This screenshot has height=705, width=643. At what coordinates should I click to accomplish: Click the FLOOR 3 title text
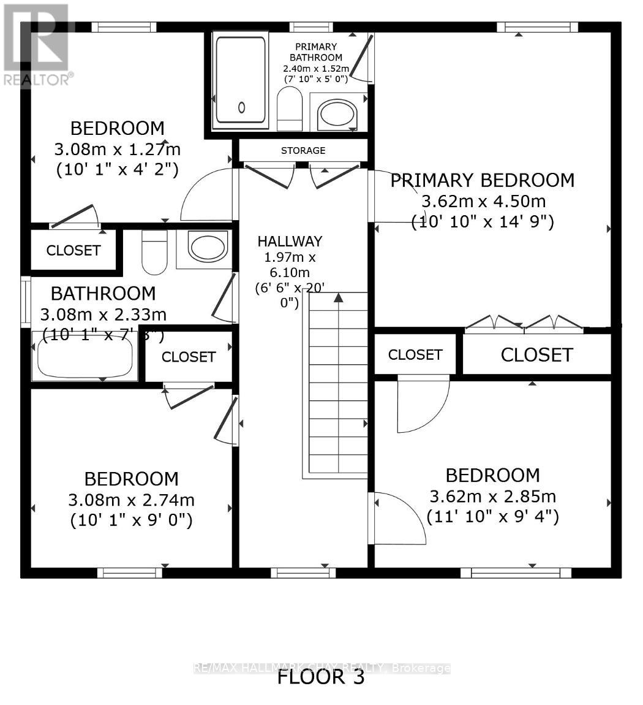[321, 677]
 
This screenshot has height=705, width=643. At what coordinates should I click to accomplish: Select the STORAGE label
[303, 150]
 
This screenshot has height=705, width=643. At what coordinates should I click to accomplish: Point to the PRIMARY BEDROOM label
[483, 180]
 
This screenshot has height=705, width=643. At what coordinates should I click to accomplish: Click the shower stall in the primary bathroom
[240, 81]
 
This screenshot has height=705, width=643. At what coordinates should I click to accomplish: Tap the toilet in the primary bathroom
[290, 109]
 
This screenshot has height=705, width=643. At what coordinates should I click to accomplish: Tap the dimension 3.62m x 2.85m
[492, 496]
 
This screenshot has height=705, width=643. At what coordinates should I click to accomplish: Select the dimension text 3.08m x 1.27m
[118, 149]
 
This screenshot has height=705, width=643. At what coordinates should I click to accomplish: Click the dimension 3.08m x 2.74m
[132, 500]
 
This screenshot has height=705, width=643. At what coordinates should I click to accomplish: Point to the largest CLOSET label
[536, 355]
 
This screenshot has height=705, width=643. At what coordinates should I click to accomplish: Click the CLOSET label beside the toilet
[73, 250]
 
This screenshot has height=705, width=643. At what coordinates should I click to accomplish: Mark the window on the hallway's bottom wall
[303, 573]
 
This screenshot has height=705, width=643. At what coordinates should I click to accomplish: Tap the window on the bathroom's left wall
[26, 302]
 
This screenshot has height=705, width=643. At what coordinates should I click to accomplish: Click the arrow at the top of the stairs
[337, 298]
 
